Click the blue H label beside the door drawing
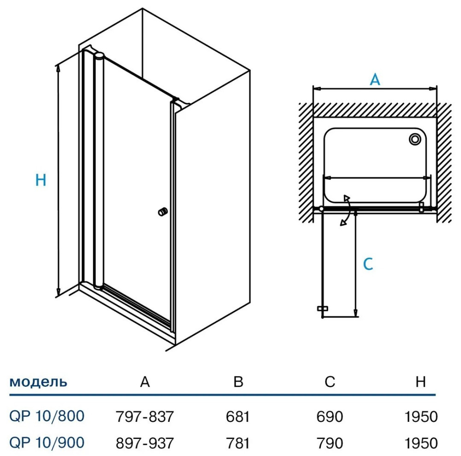[x=41, y=179]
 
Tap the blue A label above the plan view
[x=375, y=79]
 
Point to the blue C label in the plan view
[x=367, y=264]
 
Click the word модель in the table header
[x=38, y=382]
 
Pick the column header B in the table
[x=238, y=382]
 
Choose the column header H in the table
[x=420, y=382]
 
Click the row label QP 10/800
[x=47, y=416]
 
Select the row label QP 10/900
[x=47, y=443]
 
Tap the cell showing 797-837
[x=144, y=417]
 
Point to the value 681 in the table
[x=238, y=417]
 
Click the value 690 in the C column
[x=330, y=417]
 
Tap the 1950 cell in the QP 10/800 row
[x=420, y=417]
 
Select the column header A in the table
[x=145, y=382]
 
